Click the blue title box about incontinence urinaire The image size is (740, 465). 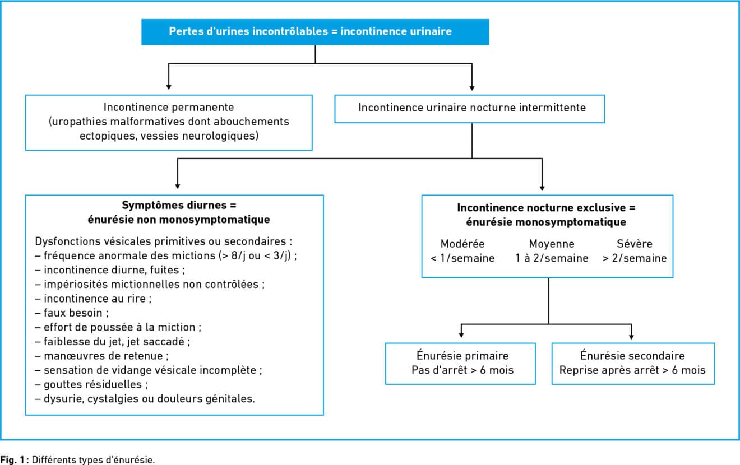(315, 32)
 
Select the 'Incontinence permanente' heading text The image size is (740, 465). (169, 107)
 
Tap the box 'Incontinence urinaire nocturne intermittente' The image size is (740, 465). (469, 109)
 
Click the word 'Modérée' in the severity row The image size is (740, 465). (462, 244)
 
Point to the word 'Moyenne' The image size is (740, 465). (552, 244)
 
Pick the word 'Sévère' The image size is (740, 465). (635, 244)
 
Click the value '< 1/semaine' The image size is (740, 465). (462, 258)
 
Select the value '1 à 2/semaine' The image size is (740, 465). (552, 258)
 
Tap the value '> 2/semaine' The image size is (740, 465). (635, 258)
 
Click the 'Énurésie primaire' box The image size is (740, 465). (460, 364)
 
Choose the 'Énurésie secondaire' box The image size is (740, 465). (633, 364)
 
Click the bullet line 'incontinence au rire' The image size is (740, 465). (93, 299)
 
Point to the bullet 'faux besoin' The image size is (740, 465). (72, 313)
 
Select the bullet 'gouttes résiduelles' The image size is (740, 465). (91, 384)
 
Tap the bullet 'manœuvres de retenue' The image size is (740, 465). (102, 356)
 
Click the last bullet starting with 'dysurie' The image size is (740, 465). (145, 399)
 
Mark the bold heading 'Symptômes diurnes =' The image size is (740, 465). (179, 205)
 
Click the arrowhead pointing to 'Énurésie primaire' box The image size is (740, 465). (461, 335)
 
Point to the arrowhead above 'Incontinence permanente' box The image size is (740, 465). (169, 87)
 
